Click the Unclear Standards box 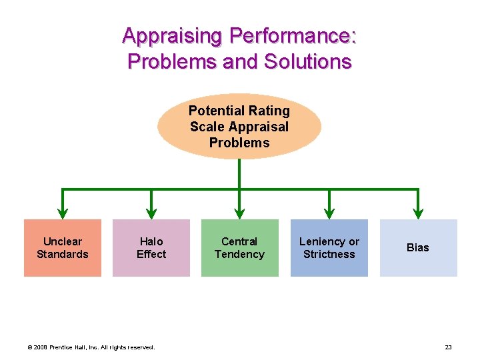[x=63, y=247]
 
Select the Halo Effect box [x=151, y=247]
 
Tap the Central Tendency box [x=240, y=247]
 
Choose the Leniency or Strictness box [x=329, y=247]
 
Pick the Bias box [x=418, y=247]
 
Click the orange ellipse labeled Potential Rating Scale [x=239, y=126]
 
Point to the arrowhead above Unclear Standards [x=63, y=213]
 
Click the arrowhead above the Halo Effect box [x=151, y=213]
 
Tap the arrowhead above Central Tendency [x=240, y=213]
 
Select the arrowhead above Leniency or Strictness [x=329, y=213]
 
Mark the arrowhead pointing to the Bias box [x=418, y=213]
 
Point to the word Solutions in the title [x=308, y=61]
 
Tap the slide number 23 [x=449, y=347]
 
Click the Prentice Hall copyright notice [x=90, y=347]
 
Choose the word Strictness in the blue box [x=329, y=254]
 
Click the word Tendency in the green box [x=240, y=254]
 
